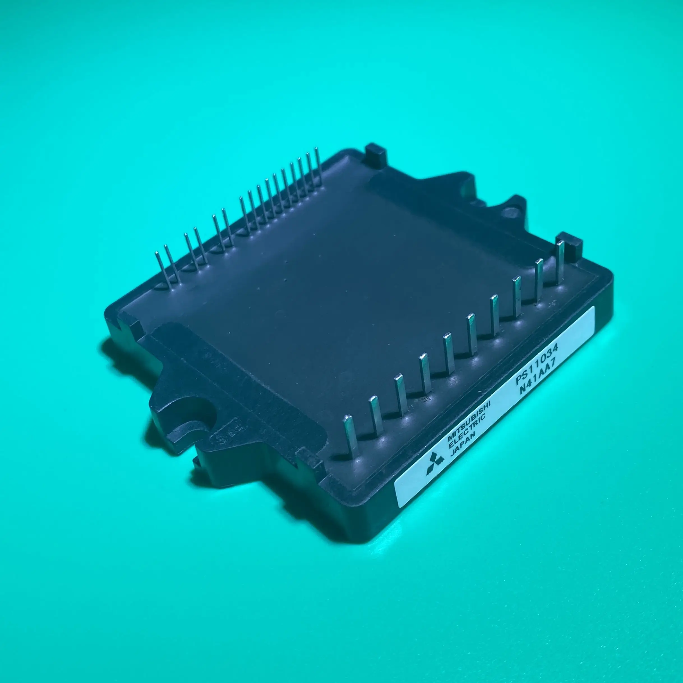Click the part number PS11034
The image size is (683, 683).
(x=536, y=366)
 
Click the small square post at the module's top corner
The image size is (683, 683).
(x=376, y=154)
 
